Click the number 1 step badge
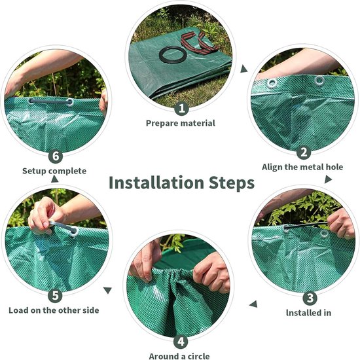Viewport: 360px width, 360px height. [x=181, y=108]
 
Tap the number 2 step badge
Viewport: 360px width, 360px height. [x=304, y=152]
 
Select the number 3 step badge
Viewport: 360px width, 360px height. [x=310, y=298]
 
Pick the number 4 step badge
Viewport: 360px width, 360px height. [x=181, y=342]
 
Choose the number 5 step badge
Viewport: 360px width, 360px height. [x=55, y=295]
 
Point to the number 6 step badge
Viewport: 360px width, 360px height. [x=56, y=156]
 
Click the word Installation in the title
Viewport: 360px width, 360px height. [x=156, y=183]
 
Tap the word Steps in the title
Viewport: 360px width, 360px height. [x=232, y=183]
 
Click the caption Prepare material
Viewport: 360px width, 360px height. [x=181, y=123]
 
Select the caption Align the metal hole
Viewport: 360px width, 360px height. [x=302, y=167]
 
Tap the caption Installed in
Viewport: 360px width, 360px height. [x=308, y=313]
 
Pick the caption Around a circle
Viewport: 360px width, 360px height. [x=179, y=356]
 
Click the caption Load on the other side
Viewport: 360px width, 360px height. [x=54, y=310]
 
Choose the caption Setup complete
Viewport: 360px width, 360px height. [x=54, y=171]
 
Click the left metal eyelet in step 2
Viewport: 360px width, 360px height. [x=272, y=83]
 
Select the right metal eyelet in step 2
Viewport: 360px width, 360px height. [x=319, y=81]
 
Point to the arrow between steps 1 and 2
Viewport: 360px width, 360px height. [x=243, y=69]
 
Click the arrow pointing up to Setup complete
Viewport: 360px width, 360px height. [x=54, y=179]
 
